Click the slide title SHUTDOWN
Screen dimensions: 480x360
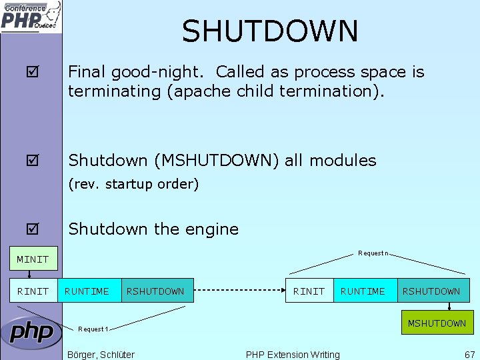tap(270, 31)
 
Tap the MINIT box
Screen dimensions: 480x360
tap(33, 259)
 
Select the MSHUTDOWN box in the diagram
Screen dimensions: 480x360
tap(436, 323)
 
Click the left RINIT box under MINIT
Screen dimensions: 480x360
tap(33, 291)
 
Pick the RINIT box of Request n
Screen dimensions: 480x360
tap(309, 291)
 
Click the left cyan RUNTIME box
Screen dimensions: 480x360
tap(87, 291)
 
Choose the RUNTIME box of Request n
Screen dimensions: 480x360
tap(363, 291)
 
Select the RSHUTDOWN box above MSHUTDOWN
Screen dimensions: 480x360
tap(431, 291)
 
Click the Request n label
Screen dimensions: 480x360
tap(373, 253)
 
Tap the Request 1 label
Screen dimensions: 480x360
tap(93, 329)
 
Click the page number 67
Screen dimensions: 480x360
tap(470, 355)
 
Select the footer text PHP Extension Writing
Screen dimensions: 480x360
tap(293, 355)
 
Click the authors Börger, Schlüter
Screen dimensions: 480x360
tap(101, 355)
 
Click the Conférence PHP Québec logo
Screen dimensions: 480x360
tap(31, 17)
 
